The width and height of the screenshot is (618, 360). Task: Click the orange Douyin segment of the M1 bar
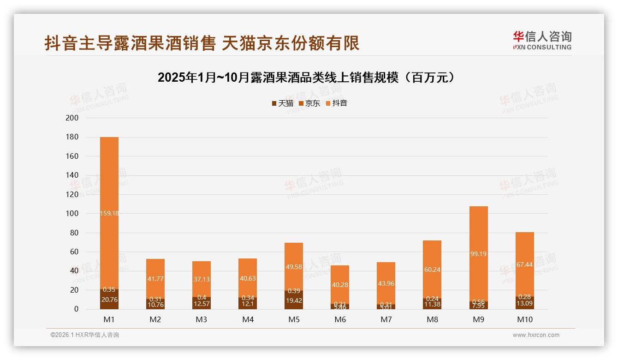pyautogui.click(x=109, y=185)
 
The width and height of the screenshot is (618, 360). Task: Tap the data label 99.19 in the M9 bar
pyautogui.click(x=478, y=254)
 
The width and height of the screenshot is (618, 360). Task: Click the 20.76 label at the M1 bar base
pyautogui.click(x=109, y=300)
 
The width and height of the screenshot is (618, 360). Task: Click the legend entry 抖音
pyautogui.click(x=336, y=103)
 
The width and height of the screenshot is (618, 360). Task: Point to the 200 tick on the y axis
pyautogui.click(x=73, y=118)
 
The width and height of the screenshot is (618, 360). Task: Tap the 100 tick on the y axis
pyautogui.click(x=73, y=214)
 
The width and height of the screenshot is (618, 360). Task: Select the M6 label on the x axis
pyautogui.click(x=340, y=319)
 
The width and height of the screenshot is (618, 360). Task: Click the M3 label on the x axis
pyautogui.click(x=202, y=319)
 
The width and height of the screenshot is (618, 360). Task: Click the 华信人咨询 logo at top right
pyautogui.click(x=542, y=40)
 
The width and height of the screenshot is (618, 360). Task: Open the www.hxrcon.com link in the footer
pyautogui.click(x=536, y=335)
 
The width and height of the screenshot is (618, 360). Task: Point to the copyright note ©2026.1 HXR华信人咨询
pyautogui.click(x=85, y=335)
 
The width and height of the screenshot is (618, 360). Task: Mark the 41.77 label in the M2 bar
pyautogui.click(x=155, y=279)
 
